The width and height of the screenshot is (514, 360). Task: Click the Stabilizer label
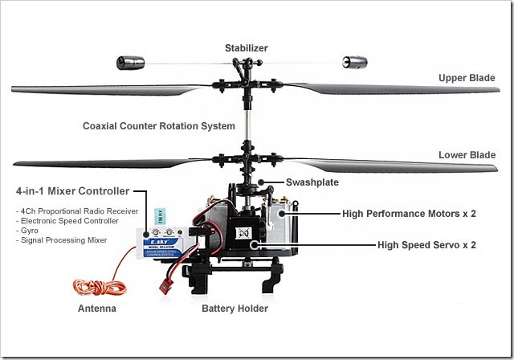point(247,48)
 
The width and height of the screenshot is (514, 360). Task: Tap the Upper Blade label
point(468,78)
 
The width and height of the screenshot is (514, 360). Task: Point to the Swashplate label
point(312,182)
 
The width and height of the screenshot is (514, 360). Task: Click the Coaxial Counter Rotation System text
point(159,126)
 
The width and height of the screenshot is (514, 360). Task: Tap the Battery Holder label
point(235,308)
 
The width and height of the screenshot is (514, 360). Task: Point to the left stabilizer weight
point(131,62)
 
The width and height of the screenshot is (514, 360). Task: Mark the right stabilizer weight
point(355,61)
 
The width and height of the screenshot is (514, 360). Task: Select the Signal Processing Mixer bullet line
point(60,239)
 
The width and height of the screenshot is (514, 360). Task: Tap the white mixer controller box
point(165,240)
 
